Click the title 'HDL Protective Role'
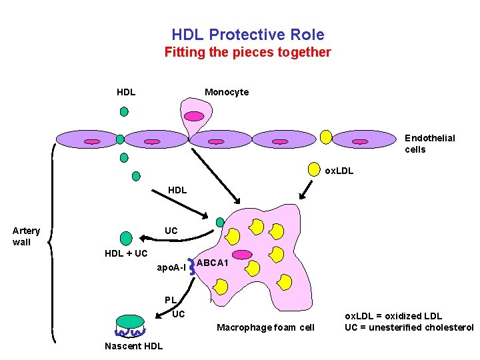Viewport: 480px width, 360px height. coord(247,35)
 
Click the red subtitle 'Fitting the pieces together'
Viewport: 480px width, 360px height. coord(247,52)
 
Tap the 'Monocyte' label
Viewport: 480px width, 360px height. coord(227,92)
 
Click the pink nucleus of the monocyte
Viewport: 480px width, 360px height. coord(194,116)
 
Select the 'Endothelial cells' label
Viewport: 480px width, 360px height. coord(429,143)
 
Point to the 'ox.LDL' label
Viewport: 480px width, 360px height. coord(339,171)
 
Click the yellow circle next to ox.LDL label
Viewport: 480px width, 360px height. coord(313,169)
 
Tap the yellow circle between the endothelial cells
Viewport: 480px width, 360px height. coord(326,137)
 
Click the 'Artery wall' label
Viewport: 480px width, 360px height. coord(26,236)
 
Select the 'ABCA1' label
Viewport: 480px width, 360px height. coord(213,263)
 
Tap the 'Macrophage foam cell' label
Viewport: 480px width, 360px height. coord(265,327)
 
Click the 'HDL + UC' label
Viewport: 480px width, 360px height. coord(126,253)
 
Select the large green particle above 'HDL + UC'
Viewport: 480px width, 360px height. coord(125,238)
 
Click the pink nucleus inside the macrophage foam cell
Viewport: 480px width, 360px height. coord(242,254)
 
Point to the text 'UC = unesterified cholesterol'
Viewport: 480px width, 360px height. coord(409,327)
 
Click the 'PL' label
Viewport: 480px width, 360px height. coord(171,300)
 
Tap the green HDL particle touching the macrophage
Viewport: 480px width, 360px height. coord(220,222)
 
